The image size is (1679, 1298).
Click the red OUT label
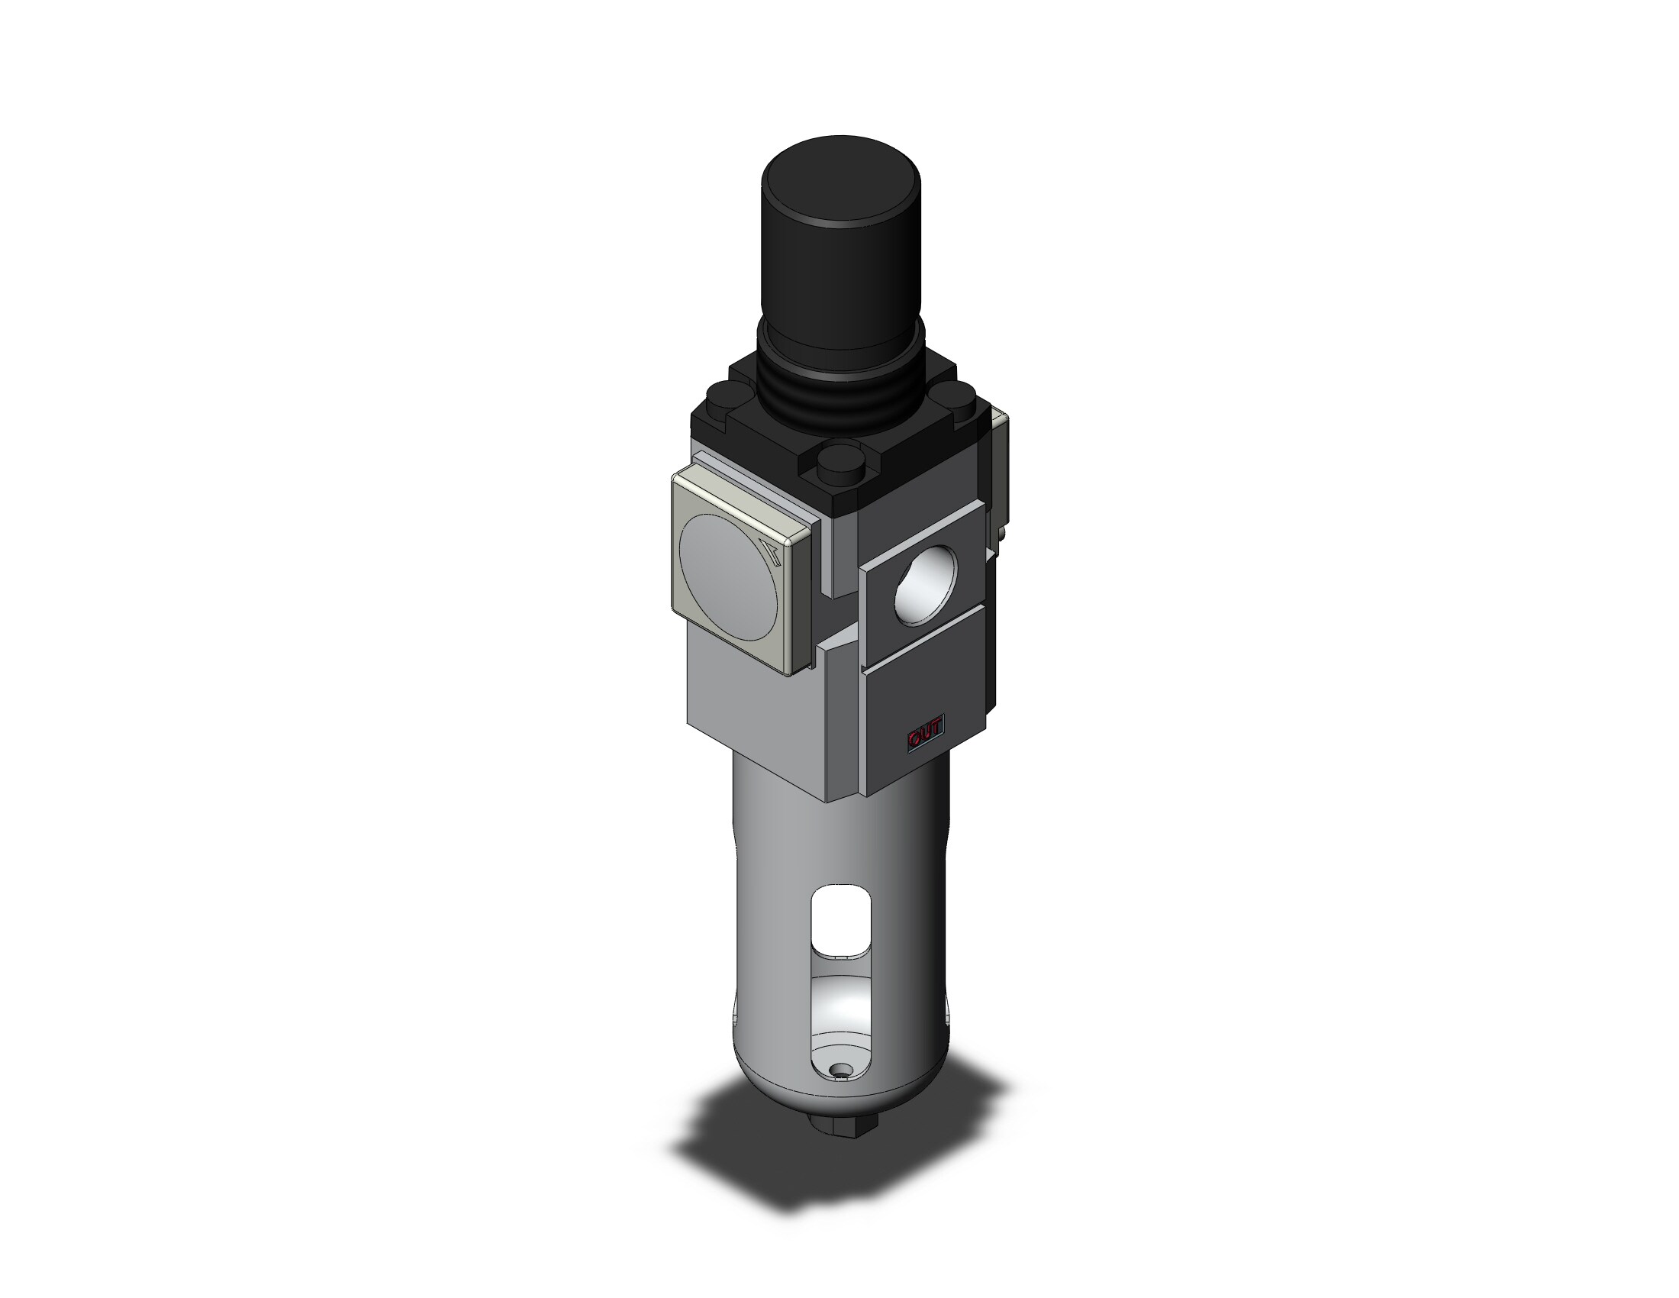(926, 737)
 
